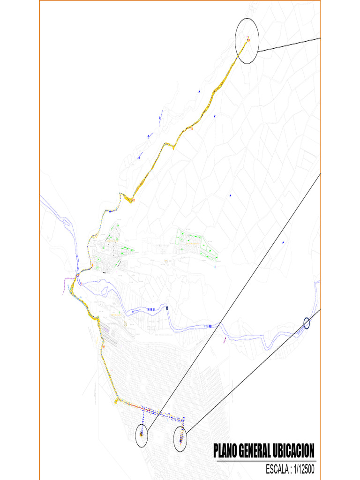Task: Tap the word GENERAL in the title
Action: point(255,451)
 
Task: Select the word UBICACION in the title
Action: point(294,451)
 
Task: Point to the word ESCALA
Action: point(280,469)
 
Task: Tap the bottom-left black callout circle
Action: point(141,435)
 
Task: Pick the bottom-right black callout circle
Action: point(180,439)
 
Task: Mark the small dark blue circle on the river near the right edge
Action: point(307,323)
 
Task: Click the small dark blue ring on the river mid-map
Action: point(167,308)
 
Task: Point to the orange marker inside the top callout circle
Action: point(248,40)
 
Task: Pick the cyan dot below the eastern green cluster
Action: point(215,267)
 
